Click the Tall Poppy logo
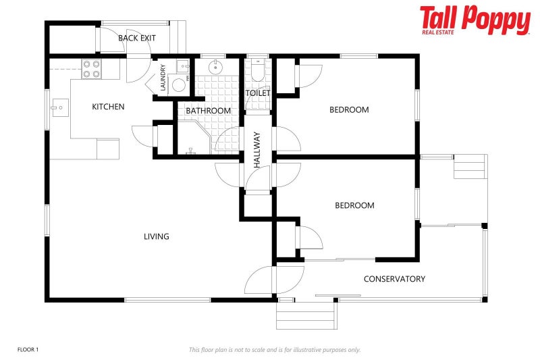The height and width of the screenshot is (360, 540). pyautogui.click(x=475, y=20)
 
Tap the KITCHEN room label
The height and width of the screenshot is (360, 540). pyautogui.click(x=108, y=107)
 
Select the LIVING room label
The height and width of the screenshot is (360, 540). pyautogui.click(x=156, y=236)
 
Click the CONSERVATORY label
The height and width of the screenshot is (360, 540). pyautogui.click(x=394, y=279)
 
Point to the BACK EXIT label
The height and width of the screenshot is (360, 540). pyautogui.click(x=137, y=38)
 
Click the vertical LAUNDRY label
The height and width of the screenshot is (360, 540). pyautogui.click(x=163, y=78)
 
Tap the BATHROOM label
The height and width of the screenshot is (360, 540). pyautogui.click(x=208, y=111)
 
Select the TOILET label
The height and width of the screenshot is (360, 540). pyautogui.click(x=257, y=93)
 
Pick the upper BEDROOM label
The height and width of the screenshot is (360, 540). pyautogui.click(x=349, y=109)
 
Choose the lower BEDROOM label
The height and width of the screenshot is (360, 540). pyautogui.click(x=354, y=205)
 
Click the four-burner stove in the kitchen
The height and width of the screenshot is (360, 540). pyautogui.click(x=91, y=69)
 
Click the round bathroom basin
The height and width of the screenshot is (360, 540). pyautogui.click(x=215, y=68)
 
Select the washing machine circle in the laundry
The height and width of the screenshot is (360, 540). pyautogui.click(x=178, y=84)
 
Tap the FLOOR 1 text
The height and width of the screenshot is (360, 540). pyautogui.click(x=28, y=349)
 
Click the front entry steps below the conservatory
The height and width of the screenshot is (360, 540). pyautogui.click(x=306, y=315)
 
